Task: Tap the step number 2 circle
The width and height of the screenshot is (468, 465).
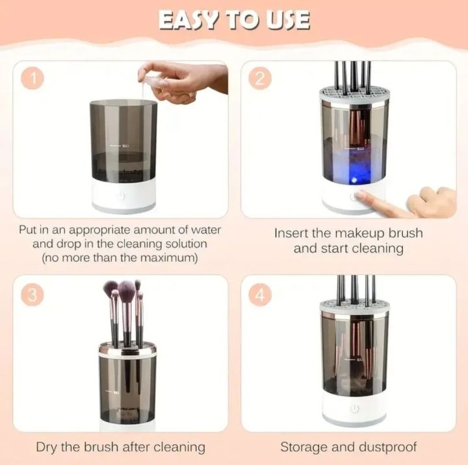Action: [x=260, y=79]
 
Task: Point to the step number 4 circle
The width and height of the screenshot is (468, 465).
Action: [x=260, y=294]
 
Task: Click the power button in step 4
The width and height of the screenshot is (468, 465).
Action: [x=354, y=410]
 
